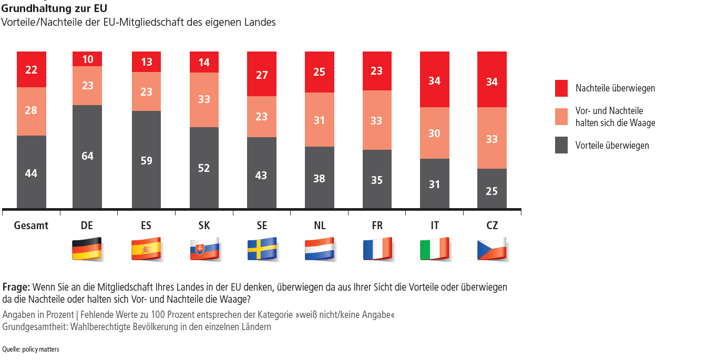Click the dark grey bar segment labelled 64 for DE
pos(87,157)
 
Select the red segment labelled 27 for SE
pos(262,74)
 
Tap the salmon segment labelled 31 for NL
pos(320,120)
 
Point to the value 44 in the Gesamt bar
pos(31,173)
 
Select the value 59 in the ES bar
pos(146,161)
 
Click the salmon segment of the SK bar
pos(204,100)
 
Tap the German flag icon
pos(87,249)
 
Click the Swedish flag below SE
pos(262,249)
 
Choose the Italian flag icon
pos(435,249)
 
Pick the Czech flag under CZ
pos(492,249)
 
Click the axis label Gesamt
pos(31,225)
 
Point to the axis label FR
pos(377,225)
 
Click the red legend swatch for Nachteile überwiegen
pos(561,88)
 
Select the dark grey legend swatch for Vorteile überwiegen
pos(561,145)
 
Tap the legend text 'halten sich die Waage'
pos(615,123)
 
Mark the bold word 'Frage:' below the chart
pos(16,287)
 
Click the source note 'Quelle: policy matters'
pos(30,349)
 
